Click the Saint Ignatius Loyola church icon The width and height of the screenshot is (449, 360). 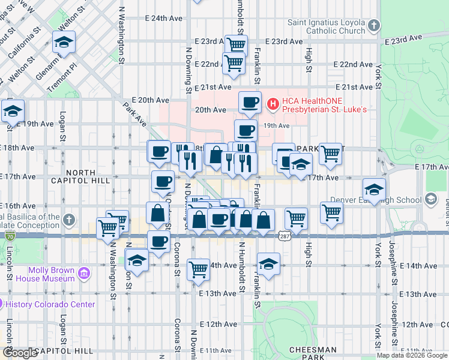(x=375, y=26)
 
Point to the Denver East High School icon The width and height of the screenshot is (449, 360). (x=430, y=199)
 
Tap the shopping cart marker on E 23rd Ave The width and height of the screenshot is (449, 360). (x=236, y=44)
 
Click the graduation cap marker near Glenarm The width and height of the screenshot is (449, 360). (x=64, y=42)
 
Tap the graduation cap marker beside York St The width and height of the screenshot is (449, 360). (x=374, y=189)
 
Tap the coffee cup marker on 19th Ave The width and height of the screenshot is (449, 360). (x=245, y=130)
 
